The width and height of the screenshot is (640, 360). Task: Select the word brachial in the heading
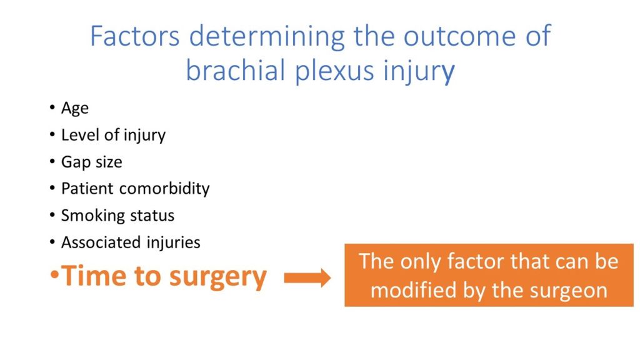235,70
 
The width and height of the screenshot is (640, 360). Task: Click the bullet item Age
75,109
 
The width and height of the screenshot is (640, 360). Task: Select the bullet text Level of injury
114,135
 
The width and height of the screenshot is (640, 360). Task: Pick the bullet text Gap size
91,162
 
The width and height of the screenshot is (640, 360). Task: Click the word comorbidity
164,189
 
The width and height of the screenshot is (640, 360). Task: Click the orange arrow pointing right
307,278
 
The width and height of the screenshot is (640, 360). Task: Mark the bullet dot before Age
52,107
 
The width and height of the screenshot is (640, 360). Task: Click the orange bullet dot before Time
55,275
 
